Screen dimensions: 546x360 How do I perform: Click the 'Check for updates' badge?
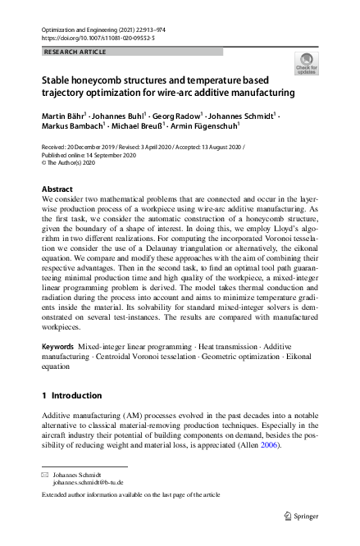coord(306,63)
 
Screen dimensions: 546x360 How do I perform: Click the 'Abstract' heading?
coord(57,189)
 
